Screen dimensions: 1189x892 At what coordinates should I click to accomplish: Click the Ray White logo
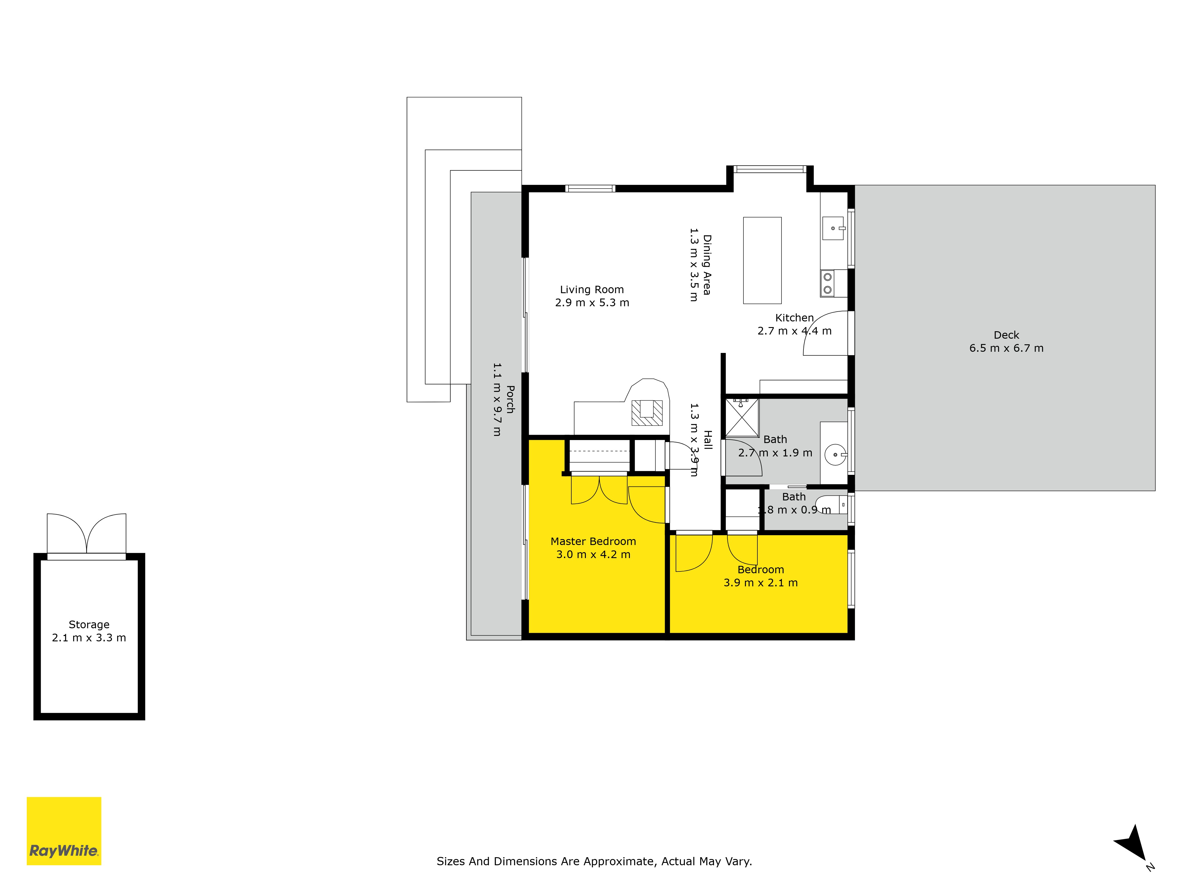click(64, 831)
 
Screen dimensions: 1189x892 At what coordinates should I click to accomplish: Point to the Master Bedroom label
click(593, 541)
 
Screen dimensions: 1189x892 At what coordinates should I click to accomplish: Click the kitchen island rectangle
click(762, 260)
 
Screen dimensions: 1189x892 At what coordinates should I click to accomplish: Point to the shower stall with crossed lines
click(742, 417)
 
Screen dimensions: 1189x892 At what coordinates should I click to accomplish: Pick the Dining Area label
click(707, 265)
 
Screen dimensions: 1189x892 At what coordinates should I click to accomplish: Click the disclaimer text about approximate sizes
click(594, 861)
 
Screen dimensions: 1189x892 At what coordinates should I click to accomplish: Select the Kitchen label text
click(795, 318)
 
